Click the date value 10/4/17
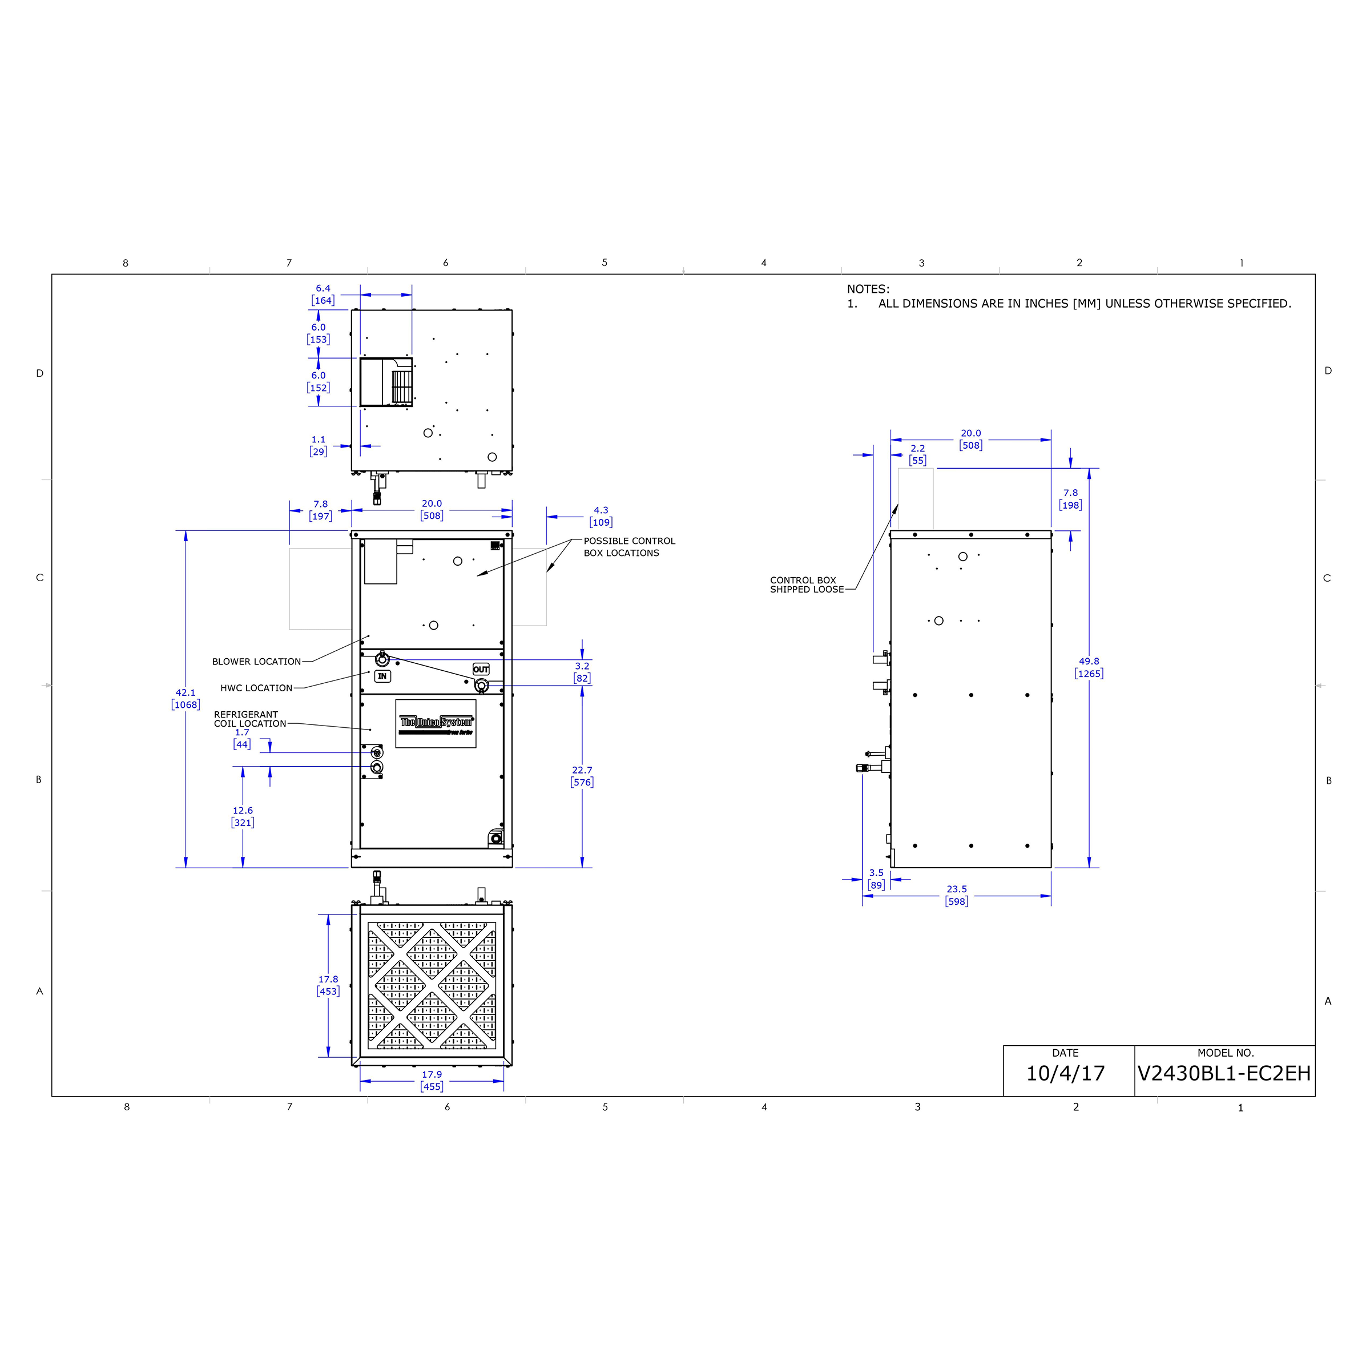pyautogui.click(x=1065, y=1073)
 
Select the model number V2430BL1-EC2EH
pyautogui.click(x=1224, y=1073)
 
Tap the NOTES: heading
pyautogui.click(x=867, y=289)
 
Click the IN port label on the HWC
pyautogui.click(x=382, y=676)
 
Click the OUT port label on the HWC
pyautogui.click(x=481, y=670)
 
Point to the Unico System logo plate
pyautogui.click(x=436, y=723)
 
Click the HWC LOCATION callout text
pyautogui.click(x=256, y=688)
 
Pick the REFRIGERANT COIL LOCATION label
pyautogui.click(x=249, y=719)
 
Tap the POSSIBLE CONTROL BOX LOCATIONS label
pyautogui.click(x=629, y=547)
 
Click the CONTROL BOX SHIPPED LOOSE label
pyautogui.click(x=806, y=585)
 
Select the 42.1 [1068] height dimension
pyautogui.click(x=186, y=699)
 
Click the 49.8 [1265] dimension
pyautogui.click(x=1089, y=667)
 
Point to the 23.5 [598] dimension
pyautogui.click(x=956, y=895)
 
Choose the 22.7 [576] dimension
pyautogui.click(x=582, y=776)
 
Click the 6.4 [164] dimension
pyautogui.click(x=323, y=295)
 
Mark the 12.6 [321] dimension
pyautogui.click(x=243, y=816)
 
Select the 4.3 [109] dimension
pyautogui.click(x=601, y=516)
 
